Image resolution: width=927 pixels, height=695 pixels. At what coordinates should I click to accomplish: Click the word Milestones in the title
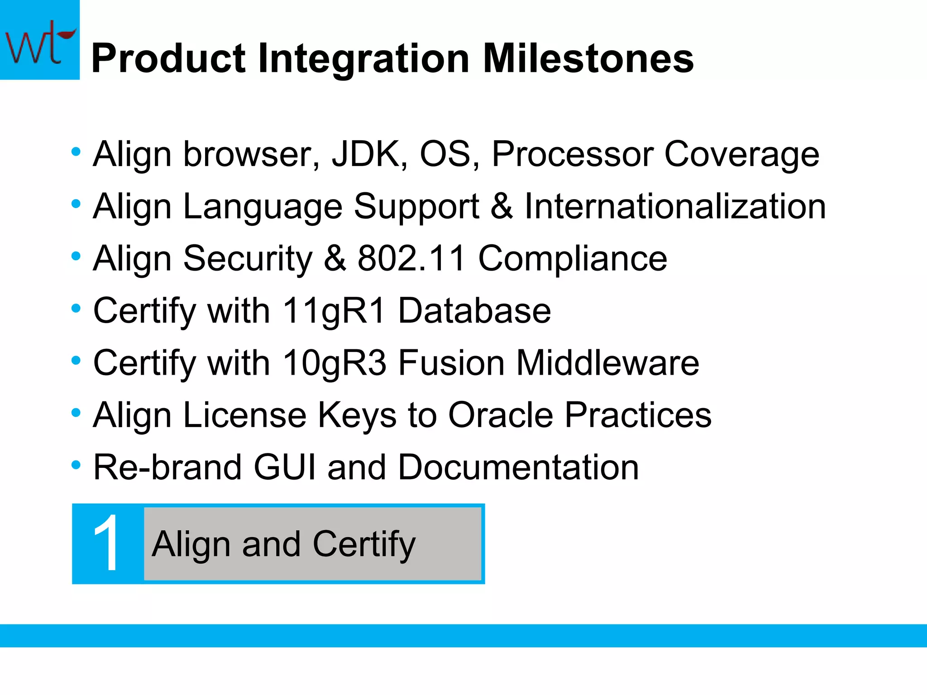coord(588,59)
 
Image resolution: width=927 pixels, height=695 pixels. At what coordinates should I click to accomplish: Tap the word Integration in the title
coord(363,60)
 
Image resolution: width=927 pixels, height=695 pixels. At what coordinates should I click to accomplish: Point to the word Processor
coord(573,155)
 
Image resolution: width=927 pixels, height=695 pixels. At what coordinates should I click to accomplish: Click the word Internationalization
coord(675,207)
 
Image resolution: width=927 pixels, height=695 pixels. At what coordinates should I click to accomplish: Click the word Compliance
coord(573,259)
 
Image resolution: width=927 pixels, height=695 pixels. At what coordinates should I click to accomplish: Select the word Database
coord(474,311)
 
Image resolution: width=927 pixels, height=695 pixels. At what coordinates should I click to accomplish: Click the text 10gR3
coord(334,363)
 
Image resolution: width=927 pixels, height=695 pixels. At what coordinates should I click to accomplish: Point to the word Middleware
coord(608,363)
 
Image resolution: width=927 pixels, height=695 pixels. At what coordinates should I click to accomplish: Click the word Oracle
coord(501,415)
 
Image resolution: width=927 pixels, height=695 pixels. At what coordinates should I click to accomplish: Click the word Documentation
coord(518,467)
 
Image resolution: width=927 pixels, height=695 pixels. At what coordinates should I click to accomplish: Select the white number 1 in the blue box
coord(107,544)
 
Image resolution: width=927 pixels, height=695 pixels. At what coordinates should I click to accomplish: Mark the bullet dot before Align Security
coord(76,256)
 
